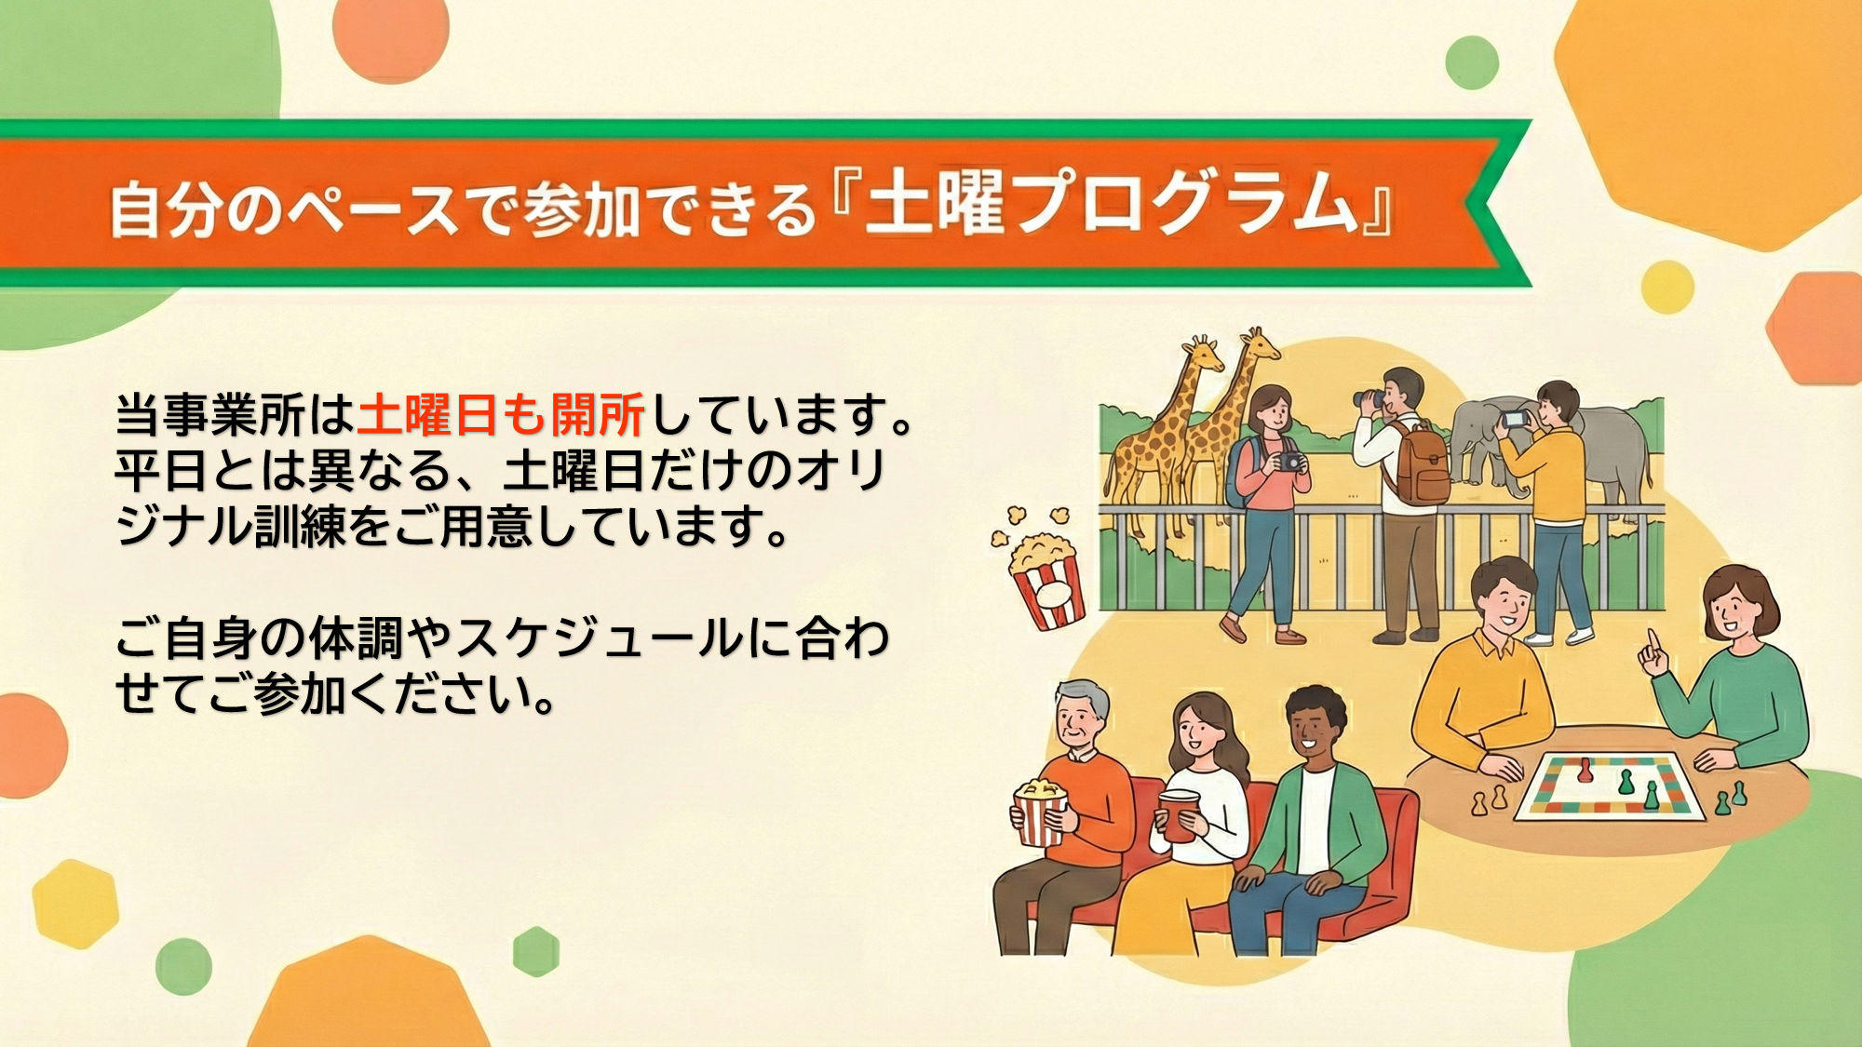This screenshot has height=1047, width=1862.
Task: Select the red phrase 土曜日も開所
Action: point(501,415)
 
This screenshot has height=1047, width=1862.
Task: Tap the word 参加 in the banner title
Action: point(581,209)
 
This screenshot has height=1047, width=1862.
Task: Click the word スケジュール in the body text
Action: point(600,638)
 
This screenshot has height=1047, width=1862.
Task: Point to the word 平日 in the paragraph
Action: point(162,471)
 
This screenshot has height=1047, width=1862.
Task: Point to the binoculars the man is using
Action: point(1370,398)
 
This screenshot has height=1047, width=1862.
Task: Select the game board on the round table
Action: point(1609,785)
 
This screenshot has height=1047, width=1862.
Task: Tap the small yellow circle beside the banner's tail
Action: point(1667,287)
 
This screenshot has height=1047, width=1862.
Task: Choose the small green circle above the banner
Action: point(1472,63)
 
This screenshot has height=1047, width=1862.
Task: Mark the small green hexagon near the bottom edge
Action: point(536,951)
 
